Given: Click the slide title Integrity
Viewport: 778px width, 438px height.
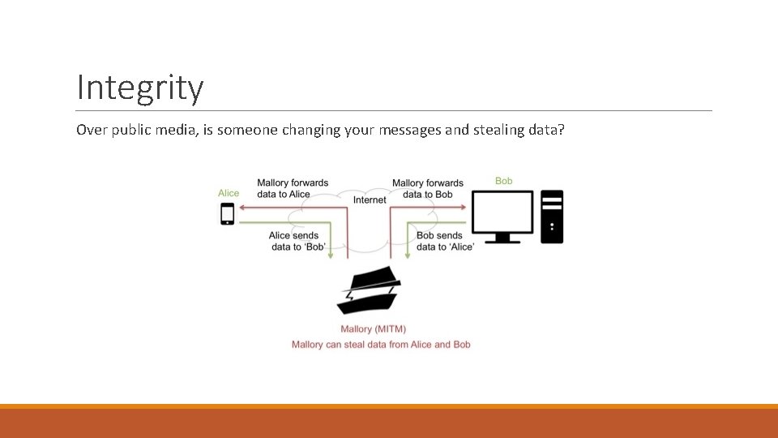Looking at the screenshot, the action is (139, 88).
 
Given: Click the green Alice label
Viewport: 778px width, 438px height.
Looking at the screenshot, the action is (229, 193).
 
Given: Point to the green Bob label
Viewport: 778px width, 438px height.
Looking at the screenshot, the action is (503, 181).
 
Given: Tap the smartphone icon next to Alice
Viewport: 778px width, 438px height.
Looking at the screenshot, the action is (228, 213).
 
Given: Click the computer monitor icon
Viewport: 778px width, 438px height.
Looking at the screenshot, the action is (502, 216).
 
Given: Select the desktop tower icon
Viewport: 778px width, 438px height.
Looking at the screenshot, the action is (552, 217).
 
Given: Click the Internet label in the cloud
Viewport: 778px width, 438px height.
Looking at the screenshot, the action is (370, 200).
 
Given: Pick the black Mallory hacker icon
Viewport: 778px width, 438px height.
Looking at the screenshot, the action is (369, 290).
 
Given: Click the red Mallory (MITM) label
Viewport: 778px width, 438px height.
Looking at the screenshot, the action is (374, 329).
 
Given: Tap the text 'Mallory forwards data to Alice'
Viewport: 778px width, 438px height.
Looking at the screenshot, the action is (293, 188).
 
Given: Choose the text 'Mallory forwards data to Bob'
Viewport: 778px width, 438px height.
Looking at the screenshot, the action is (427, 188).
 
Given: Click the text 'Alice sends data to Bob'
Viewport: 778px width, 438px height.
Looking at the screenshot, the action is (296, 241).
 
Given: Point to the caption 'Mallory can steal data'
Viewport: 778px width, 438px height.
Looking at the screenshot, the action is (381, 345).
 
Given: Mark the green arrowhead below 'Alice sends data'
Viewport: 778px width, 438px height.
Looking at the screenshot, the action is (331, 255).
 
